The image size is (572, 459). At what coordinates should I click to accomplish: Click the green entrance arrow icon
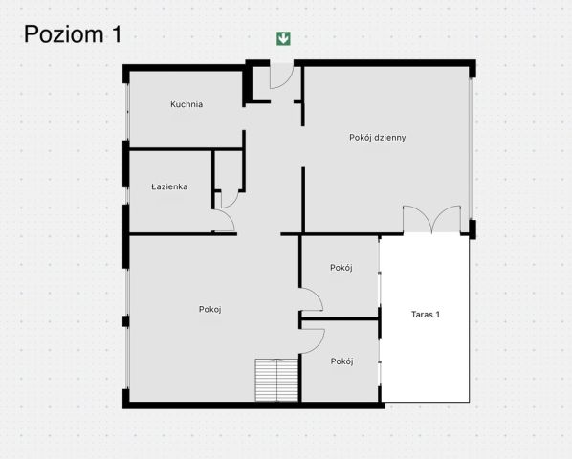click(283, 38)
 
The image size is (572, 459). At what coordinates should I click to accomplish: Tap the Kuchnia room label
click(187, 104)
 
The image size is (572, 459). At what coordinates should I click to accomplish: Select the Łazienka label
click(169, 186)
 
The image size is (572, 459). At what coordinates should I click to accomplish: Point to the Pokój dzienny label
click(378, 138)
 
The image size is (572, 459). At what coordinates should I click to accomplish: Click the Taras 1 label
click(426, 315)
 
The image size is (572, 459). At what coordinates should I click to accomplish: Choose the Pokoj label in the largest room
click(210, 309)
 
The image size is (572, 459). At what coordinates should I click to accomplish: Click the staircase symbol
click(276, 380)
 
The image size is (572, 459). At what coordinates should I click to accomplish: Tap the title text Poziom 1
click(73, 34)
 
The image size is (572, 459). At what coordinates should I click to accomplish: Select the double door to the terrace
click(431, 219)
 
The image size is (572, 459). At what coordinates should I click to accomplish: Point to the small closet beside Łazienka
click(229, 170)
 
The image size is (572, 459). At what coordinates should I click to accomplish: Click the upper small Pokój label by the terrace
click(341, 268)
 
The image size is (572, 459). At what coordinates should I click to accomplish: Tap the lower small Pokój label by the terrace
click(341, 361)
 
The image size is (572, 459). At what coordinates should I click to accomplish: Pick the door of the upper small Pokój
click(311, 299)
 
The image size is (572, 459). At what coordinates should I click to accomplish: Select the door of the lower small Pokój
click(312, 341)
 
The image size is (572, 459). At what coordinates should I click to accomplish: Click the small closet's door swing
click(230, 199)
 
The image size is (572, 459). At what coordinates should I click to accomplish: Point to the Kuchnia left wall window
click(127, 112)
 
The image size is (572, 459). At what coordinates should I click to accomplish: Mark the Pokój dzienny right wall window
click(471, 148)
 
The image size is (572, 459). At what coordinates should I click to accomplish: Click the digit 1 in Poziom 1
click(117, 34)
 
